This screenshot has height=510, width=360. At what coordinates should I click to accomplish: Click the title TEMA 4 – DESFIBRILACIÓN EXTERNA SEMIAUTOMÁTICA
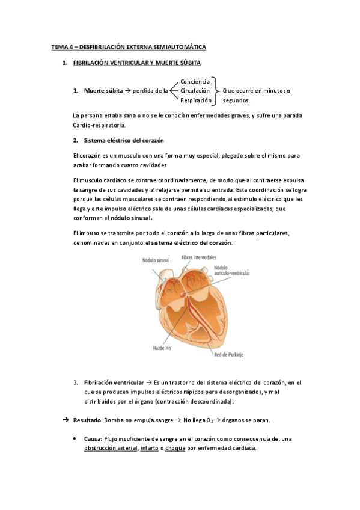click(x=128, y=46)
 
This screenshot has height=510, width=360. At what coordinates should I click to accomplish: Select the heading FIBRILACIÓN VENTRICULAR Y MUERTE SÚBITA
click(x=136, y=63)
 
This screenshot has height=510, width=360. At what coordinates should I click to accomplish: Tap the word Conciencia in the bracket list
click(x=195, y=81)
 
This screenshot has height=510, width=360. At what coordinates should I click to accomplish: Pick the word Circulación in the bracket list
click(x=195, y=91)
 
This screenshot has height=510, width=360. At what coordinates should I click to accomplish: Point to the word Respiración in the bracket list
click(x=196, y=100)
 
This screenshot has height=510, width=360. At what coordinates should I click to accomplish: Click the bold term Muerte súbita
click(x=103, y=91)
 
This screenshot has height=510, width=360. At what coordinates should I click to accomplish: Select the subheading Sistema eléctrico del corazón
click(x=122, y=140)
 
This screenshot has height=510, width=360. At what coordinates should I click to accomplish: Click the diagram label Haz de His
click(x=163, y=348)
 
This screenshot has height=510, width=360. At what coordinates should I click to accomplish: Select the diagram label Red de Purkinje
click(x=229, y=354)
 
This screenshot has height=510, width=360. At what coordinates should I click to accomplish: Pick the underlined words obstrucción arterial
click(x=111, y=448)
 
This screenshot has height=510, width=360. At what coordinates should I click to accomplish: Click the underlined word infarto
click(x=149, y=448)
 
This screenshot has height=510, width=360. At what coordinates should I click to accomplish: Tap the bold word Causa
click(x=93, y=439)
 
